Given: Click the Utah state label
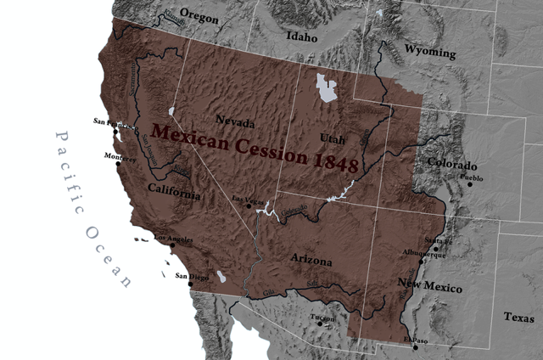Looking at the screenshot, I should (333, 137).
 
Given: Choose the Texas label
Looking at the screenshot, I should (519, 318).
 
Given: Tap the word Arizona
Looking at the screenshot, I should (311, 262).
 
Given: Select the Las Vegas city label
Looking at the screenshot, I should (245, 200).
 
